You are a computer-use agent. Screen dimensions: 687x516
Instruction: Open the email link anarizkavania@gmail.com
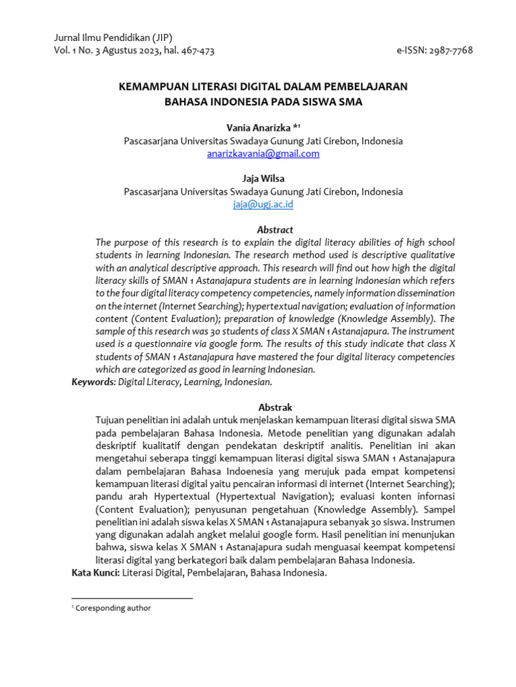263,154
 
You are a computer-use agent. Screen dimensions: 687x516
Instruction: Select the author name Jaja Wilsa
263,178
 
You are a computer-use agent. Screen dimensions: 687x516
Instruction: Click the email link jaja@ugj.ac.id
263,204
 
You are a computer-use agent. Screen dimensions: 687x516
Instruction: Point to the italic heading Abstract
275,229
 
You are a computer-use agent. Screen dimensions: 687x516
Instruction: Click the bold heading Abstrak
275,407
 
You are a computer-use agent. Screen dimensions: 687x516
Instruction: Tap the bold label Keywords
93,382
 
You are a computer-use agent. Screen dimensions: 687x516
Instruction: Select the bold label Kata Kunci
95,573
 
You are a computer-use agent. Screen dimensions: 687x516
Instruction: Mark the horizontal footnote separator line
132,597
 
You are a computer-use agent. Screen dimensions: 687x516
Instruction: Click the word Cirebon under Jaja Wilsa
341,191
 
